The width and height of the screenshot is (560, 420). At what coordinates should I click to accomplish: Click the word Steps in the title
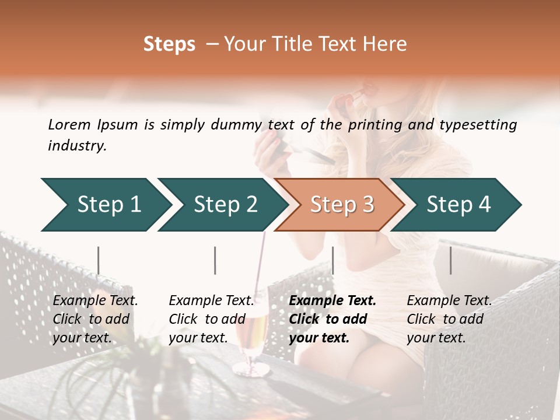(169, 44)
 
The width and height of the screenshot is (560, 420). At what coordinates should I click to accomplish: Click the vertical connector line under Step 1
(98, 260)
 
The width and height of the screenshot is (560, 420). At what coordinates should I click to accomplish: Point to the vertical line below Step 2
(215, 260)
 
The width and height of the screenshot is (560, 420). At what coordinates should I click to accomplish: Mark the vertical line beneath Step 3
(332, 260)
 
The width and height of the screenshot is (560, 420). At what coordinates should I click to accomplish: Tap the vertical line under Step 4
(450, 260)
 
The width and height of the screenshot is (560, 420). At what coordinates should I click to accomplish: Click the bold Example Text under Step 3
(332, 301)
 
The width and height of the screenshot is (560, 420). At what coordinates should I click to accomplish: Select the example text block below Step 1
(96, 319)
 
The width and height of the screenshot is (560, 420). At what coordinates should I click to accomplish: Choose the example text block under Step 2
(212, 319)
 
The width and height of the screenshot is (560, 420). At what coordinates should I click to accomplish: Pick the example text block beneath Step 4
(449, 319)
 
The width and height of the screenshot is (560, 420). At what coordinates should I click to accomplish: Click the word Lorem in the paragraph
(69, 125)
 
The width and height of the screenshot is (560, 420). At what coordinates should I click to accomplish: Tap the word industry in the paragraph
(76, 146)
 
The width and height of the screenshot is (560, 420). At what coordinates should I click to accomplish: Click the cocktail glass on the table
(252, 338)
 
